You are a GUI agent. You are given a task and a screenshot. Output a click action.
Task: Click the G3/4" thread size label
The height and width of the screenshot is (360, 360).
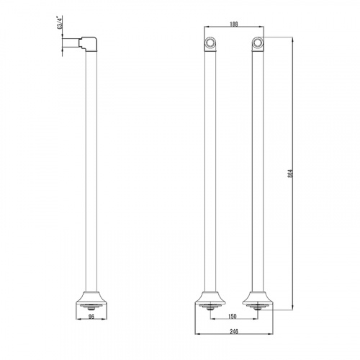tap(60, 22)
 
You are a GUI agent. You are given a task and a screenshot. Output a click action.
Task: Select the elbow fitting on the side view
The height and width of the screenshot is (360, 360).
tap(89, 44)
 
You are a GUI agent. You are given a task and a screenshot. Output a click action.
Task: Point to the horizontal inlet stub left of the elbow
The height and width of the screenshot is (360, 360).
tap(71, 42)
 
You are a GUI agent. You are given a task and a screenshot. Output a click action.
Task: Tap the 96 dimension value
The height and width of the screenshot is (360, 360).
tap(91, 317)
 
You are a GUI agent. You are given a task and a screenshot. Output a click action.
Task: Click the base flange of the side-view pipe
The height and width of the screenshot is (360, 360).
tap(91, 300)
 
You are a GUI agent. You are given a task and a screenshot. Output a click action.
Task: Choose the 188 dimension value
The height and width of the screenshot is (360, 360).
tap(233, 24)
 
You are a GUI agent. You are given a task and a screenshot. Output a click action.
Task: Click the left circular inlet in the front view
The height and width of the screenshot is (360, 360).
tap(210, 42)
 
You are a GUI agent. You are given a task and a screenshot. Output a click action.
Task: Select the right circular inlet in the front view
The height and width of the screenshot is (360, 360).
tap(258, 42)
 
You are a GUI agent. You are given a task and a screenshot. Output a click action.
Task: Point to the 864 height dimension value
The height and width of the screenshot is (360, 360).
tap(290, 174)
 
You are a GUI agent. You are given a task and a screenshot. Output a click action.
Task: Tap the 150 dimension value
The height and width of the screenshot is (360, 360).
tap(233, 317)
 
